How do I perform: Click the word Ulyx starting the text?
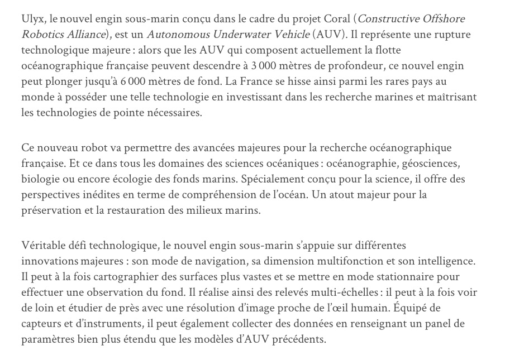point(32,20)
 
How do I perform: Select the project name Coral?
point(334,20)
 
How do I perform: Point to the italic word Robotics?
point(41,35)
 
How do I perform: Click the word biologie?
point(40,180)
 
